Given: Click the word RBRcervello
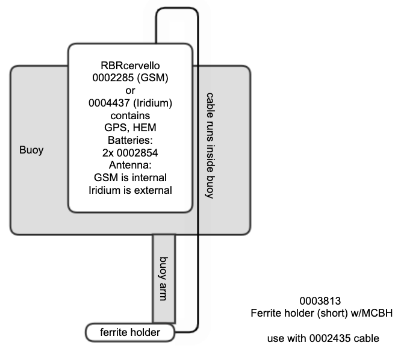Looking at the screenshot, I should click(131, 65).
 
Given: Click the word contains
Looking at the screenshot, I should click(130, 115).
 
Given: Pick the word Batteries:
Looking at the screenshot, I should click(130, 140).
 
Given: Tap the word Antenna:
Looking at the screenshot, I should click(130, 165).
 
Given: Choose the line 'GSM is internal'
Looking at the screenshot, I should click(130, 178).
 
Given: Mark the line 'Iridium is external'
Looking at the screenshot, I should click(130, 190).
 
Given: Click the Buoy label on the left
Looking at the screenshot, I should click(31, 150).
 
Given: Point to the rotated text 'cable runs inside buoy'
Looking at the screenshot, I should click(210, 146).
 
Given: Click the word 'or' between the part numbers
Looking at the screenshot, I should click(130, 90).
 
